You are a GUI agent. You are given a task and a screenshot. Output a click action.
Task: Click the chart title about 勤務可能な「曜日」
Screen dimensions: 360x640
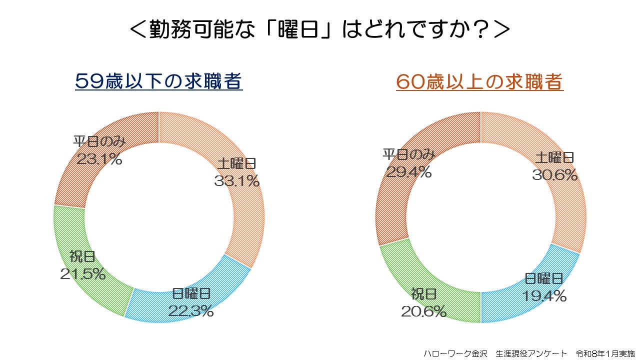(320, 29)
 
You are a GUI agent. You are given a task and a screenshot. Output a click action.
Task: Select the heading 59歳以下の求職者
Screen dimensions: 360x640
(159, 81)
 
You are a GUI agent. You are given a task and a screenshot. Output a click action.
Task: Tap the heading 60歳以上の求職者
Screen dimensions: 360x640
(479, 81)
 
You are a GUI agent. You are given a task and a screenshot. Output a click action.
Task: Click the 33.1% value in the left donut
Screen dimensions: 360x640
(237, 181)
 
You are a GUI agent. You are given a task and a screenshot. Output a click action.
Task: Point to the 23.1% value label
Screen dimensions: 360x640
(99, 159)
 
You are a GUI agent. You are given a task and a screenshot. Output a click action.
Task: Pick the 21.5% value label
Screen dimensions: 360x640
(83, 273)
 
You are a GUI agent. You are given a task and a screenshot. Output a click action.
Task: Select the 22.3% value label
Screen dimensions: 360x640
(191, 311)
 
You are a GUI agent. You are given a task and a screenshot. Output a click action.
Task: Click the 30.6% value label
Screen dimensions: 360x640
(555, 175)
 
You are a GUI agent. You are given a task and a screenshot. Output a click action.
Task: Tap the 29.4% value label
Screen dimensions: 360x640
(409, 172)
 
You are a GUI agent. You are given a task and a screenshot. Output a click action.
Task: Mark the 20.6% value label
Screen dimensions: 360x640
(423, 312)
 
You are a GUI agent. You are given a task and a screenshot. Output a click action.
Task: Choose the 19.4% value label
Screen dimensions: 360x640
(544, 296)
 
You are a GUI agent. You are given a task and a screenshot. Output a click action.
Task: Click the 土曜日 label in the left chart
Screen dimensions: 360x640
(237, 163)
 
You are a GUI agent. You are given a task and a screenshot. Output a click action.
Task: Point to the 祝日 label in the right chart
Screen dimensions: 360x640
(424, 294)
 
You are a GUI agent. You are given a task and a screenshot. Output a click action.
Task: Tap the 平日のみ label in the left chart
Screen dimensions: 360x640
(99, 141)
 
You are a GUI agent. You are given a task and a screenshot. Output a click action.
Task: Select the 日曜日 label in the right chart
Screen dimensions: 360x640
(544, 278)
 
